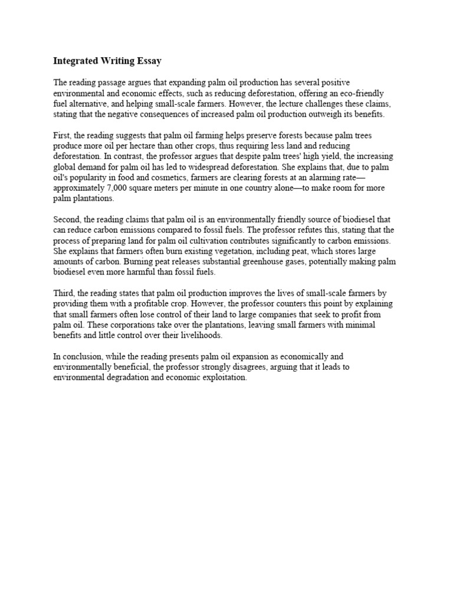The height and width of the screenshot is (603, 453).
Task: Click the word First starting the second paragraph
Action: tap(62, 135)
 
